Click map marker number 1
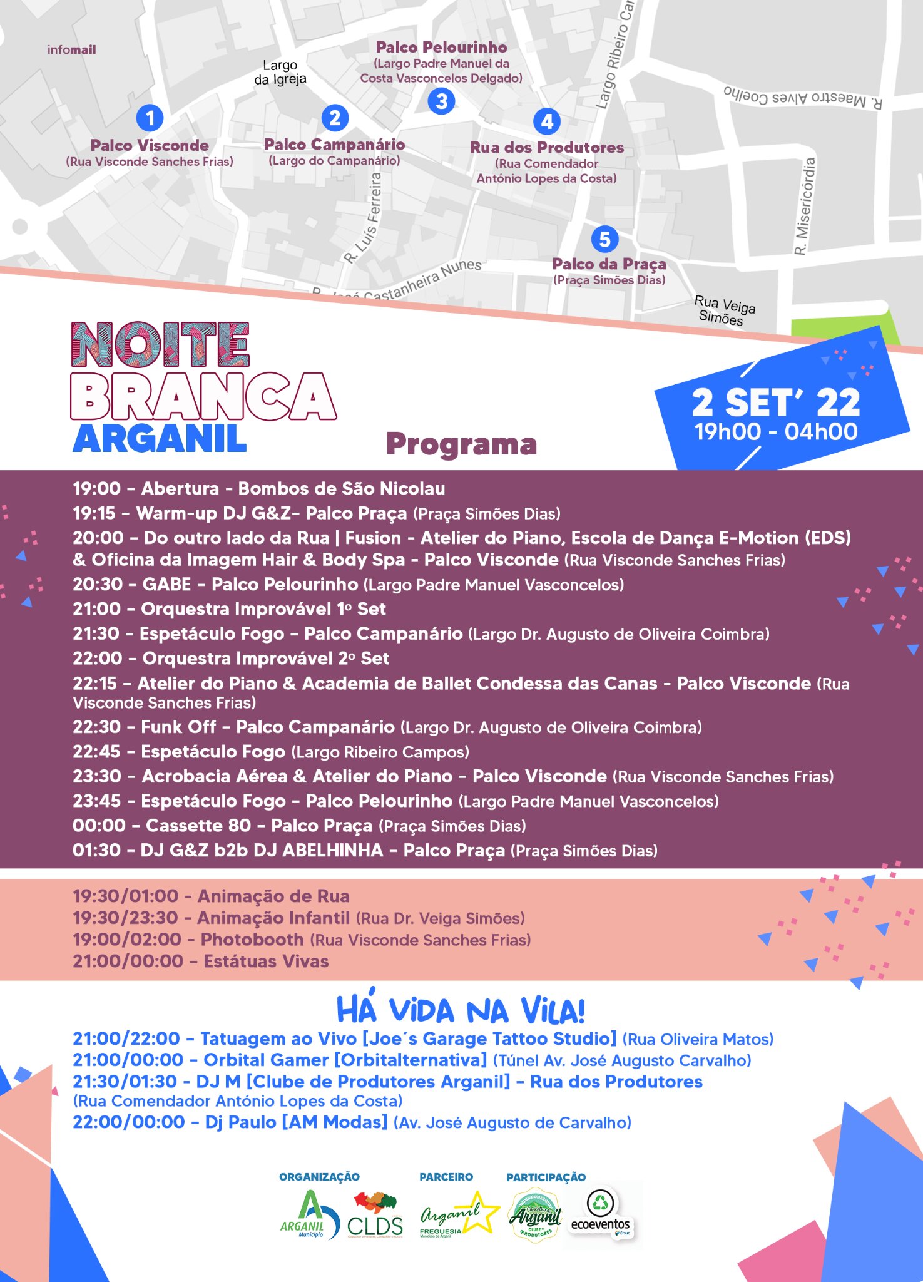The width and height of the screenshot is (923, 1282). coord(150,118)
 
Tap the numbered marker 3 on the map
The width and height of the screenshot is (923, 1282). coord(442,101)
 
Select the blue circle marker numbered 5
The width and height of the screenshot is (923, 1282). coord(604,239)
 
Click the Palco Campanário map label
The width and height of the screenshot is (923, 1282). coord(334,145)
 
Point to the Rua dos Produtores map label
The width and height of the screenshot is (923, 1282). coord(547,148)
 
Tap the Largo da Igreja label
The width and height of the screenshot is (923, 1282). coord(280,73)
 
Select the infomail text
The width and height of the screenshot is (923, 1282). coord(72,50)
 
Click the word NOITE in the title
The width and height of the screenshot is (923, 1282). coord(160,345)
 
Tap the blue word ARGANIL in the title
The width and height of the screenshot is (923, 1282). coord(160,439)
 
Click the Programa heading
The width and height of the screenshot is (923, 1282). coord(461,444)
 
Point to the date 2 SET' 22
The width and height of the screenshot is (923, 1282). coord(776,403)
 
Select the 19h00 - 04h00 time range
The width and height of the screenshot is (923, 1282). coord(776,432)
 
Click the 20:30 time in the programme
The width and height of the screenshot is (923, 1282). coord(98,585)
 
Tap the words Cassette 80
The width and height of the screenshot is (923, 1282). coord(198,826)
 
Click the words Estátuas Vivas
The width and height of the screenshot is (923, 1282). coord(266,961)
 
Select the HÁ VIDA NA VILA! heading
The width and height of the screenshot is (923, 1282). coord(461,1010)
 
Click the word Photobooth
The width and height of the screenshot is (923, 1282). coord(252,940)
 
